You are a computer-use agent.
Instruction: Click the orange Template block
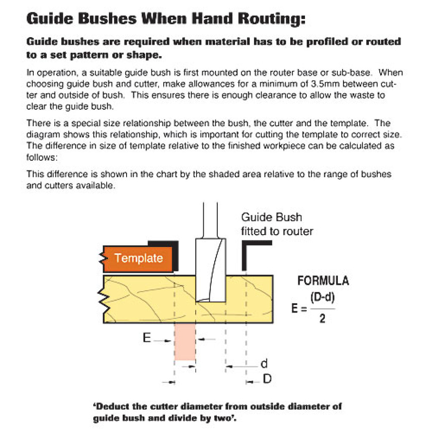138,258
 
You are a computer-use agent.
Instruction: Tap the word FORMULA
323,281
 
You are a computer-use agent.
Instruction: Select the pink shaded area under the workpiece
185,342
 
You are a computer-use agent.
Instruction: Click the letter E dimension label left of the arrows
147,338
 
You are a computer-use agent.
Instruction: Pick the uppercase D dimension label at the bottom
267,379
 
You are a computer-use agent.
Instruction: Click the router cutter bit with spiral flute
211,270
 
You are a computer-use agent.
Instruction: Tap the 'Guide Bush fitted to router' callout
277,224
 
